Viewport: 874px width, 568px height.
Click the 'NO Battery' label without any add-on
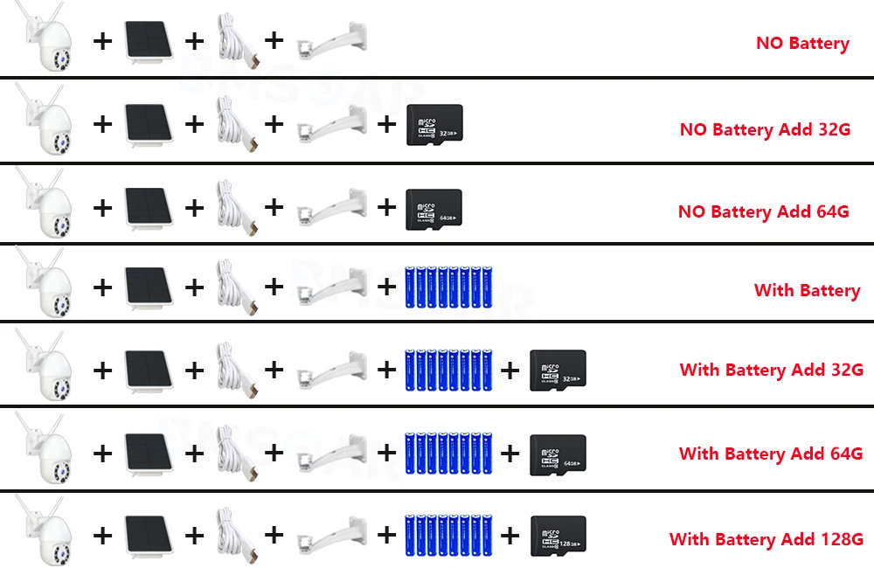pos(802,43)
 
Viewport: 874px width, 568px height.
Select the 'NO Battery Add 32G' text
pos(765,129)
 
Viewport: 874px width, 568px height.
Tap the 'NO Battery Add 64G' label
pos(764,211)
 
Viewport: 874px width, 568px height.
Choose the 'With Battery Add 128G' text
pos(766,539)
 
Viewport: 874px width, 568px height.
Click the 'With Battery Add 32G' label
pos(772,370)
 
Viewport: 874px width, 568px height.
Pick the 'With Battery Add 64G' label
pos(771,454)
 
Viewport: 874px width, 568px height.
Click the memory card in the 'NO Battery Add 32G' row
pos(434,125)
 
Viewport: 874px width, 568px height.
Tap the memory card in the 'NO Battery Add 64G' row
pos(434,209)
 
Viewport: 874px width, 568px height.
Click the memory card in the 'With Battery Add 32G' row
pos(558,371)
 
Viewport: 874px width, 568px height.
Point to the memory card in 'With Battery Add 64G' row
pos(558,454)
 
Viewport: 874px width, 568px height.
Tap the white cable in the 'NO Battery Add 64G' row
pos(235,208)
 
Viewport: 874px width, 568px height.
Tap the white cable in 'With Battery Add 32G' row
pos(235,369)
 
